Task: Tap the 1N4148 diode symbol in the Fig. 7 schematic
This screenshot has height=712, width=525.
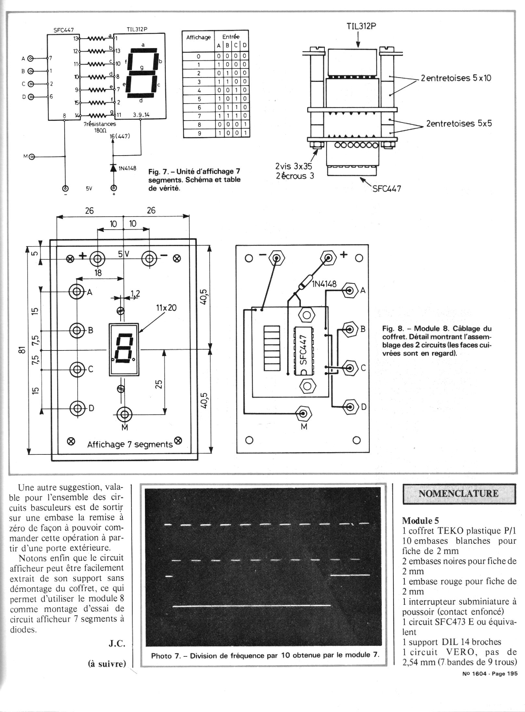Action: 114,167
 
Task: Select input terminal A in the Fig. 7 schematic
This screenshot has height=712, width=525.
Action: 31,59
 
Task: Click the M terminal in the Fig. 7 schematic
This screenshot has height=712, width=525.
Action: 32,157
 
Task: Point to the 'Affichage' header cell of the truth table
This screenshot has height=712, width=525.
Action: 198,38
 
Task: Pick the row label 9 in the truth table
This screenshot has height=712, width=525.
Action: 199,133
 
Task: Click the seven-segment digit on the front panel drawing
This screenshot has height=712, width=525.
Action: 123,349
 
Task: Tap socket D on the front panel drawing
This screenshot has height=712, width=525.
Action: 77,408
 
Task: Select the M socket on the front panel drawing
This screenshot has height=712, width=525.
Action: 124,414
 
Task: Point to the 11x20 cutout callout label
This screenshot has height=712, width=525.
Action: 166,308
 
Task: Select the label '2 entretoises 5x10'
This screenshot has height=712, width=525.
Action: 455,78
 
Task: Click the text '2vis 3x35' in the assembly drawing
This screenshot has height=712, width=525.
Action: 293,166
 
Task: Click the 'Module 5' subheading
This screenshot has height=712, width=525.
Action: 420,521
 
